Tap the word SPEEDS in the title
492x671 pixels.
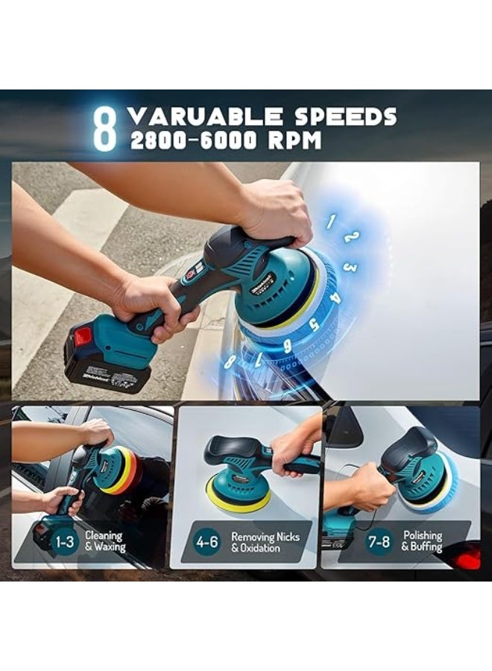point(344,116)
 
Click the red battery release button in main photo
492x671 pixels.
point(82,337)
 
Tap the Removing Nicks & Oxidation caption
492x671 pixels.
point(265,541)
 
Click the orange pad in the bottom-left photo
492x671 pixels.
point(127,473)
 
